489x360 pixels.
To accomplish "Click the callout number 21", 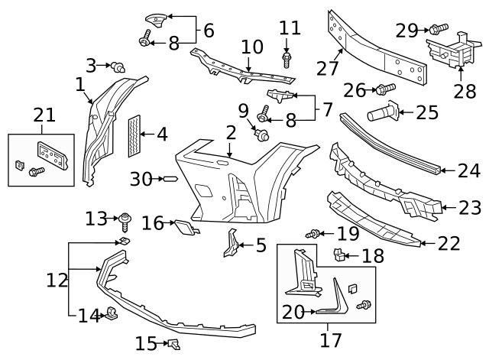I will [x=44, y=115].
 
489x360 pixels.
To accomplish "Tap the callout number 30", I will [x=141, y=179].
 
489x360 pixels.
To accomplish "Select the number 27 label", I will [x=327, y=68].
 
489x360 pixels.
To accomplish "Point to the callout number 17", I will [x=331, y=339].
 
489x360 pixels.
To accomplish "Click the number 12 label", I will [x=57, y=280].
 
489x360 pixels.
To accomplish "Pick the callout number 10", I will [x=251, y=47].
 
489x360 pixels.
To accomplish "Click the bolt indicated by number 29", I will [x=438, y=29].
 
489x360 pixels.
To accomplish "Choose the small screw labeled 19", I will [x=313, y=232].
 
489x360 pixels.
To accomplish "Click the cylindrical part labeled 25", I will [x=382, y=114].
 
